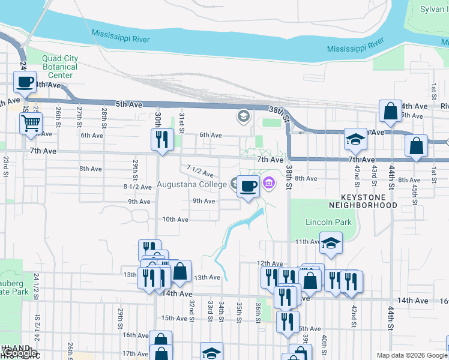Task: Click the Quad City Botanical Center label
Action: [59, 67]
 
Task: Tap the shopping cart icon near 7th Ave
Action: [30, 124]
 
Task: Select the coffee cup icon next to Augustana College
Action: [248, 186]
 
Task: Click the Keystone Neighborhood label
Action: [369, 201]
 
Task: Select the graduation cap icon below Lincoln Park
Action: [330, 243]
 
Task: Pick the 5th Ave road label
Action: [129, 104]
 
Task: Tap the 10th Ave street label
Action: [175, 220]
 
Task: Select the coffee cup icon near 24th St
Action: [25, 82]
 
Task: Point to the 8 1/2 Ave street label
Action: [137, 187]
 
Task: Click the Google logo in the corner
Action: [19, 353]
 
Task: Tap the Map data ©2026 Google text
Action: [411, 355]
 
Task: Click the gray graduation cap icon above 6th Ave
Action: [244, 116]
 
